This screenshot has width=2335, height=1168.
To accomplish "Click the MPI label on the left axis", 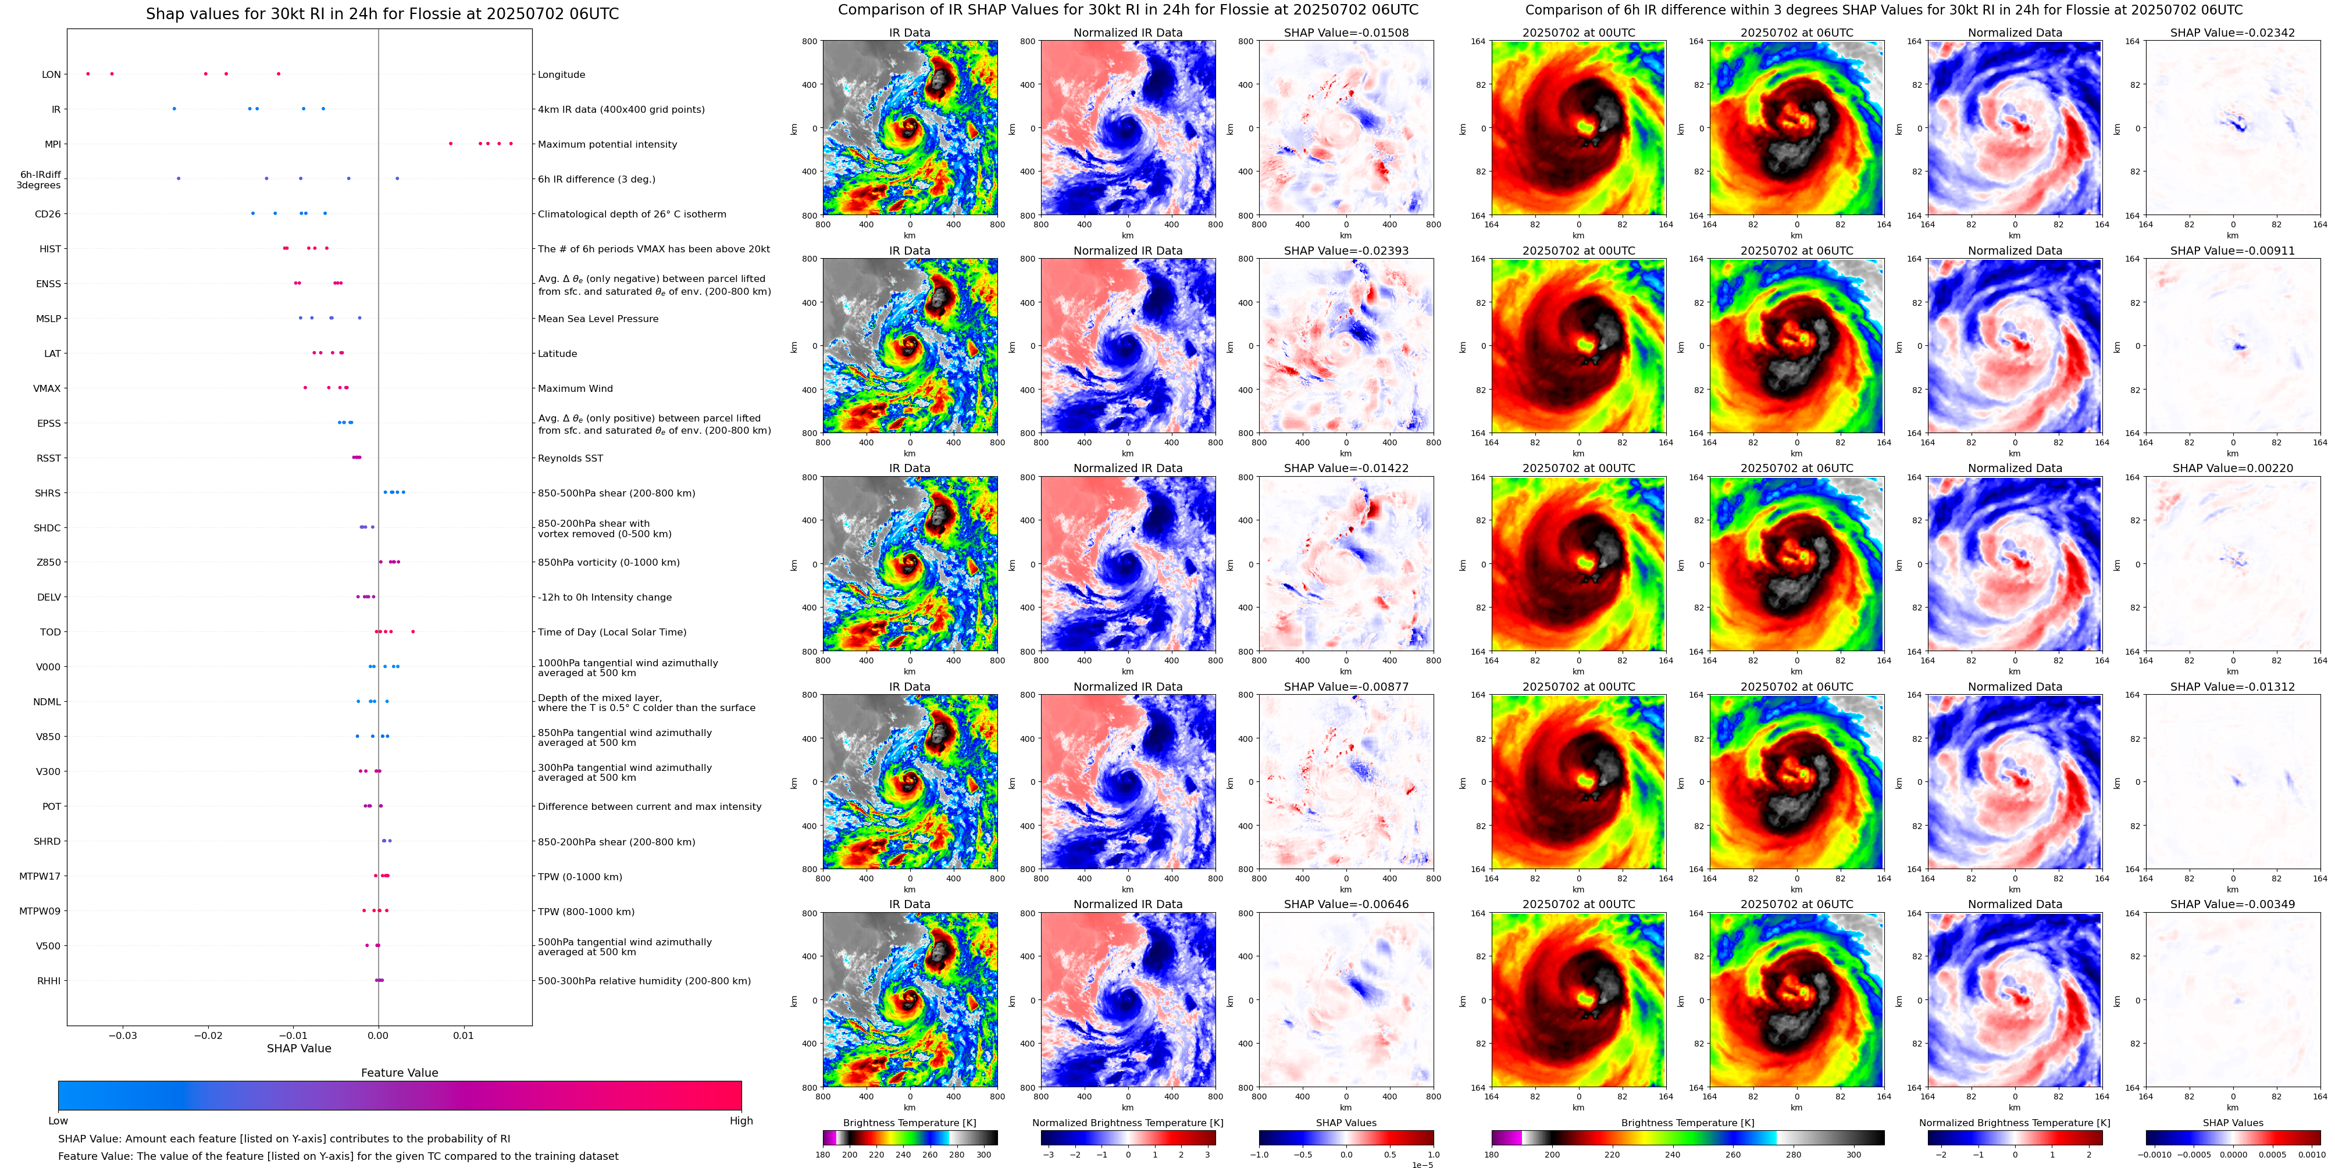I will [52, 144].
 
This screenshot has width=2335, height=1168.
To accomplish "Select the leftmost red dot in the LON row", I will [88, 73].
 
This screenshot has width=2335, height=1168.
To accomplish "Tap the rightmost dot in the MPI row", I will [511, 143].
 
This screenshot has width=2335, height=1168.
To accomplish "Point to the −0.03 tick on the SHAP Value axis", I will [123, 1035].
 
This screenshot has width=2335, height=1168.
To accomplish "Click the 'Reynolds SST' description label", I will [569, 459].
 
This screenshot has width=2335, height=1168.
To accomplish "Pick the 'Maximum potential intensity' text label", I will [607, 144].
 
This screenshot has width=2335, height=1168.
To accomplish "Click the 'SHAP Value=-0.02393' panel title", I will [1346, 251].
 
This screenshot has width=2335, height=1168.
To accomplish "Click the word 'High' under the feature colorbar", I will [740, 1121].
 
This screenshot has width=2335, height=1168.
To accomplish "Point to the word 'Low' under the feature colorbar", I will [58, 1121].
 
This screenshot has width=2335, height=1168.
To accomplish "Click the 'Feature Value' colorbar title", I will [399, 1073].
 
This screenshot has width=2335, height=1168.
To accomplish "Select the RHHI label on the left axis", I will [49, 980].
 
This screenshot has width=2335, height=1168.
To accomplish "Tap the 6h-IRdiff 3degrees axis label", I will [39, 180].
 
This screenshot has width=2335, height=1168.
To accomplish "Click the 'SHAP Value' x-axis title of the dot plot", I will [298, 1048].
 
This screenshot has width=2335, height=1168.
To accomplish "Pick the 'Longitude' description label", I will [561, 74].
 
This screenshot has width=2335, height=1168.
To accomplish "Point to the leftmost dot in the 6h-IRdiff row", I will [179, 178].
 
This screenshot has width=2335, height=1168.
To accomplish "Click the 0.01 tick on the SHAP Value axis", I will [462, 1035].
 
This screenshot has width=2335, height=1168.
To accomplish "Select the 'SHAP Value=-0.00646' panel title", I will [1346, 904].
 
